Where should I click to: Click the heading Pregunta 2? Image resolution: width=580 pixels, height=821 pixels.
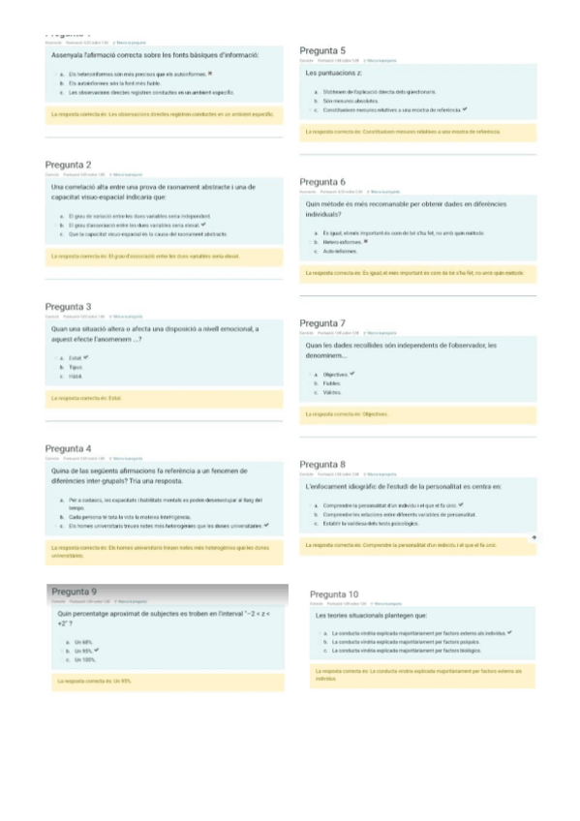coord(69,166)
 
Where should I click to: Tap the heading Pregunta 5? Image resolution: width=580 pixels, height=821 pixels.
coord(322,50)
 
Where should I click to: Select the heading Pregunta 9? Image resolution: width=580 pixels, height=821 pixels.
coord(74,591)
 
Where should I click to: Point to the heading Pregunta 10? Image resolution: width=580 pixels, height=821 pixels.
coord(334,593)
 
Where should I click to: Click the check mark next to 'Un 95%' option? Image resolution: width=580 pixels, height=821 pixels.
coord(97,651)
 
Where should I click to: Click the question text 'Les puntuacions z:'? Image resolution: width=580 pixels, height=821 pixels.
coord(333,74)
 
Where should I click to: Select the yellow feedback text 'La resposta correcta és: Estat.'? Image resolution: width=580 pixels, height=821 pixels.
coord(87,398)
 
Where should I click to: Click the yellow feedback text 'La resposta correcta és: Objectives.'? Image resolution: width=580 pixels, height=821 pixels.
coord(347,413)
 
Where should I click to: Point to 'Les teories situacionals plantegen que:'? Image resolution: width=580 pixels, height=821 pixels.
coord(372,615)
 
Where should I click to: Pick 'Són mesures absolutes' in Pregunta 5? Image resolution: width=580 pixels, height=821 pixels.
coord(349,101)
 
